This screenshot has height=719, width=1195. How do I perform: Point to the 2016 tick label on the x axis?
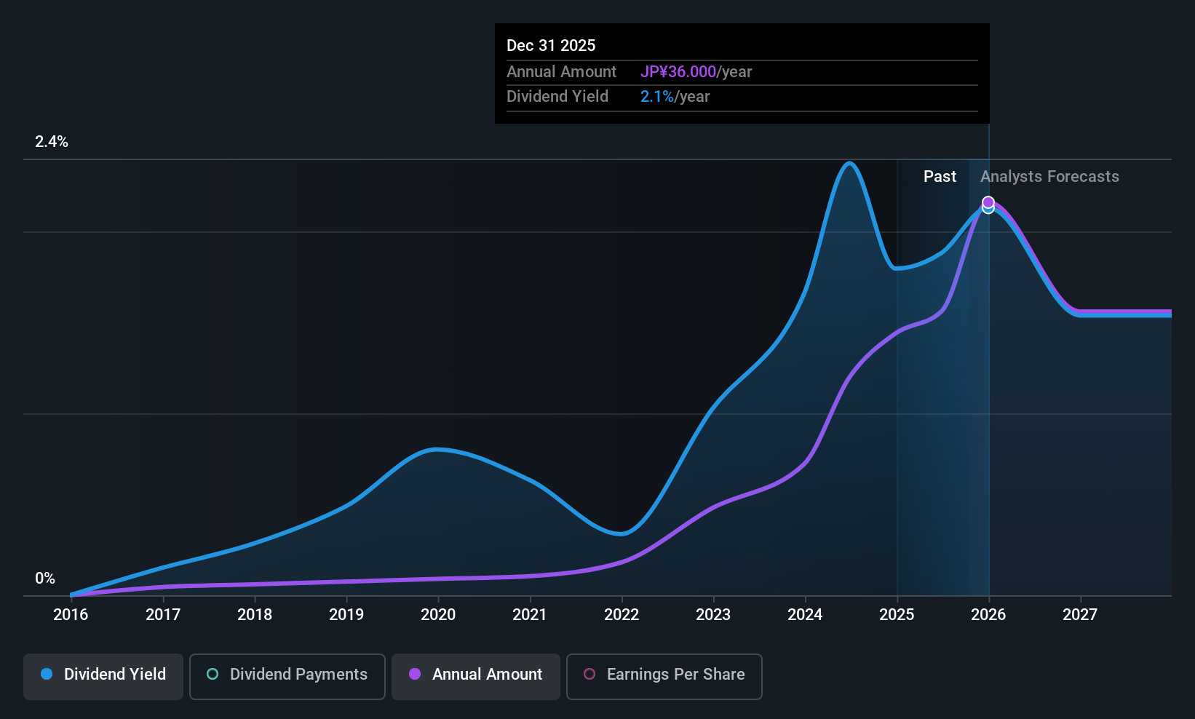(x=71, y=615)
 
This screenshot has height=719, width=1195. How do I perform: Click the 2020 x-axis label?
(x=438, y=615)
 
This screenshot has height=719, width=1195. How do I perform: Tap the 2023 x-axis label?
(x=713, y=615)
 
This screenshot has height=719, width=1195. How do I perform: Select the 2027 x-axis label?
(x=1080, y=615)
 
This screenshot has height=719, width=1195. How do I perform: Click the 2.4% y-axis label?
(x=52, y=142)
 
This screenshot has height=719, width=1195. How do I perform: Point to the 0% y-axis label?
(x=45, y=579)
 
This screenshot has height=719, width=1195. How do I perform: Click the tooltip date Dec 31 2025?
(x=551, y=46)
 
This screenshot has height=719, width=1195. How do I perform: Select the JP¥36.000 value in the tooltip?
(x=678, y=72)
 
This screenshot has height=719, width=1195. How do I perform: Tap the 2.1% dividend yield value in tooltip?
(x=657, y=97)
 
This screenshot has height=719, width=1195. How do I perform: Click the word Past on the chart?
(x=940, y=177)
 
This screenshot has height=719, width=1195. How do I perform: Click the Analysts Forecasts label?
(x=1049, y=177)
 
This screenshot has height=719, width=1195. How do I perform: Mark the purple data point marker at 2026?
(x=988, y=202)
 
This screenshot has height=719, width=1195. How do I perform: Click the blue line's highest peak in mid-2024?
(x=849, y=163)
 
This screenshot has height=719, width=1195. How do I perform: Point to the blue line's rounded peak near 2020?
(x=436, y=449)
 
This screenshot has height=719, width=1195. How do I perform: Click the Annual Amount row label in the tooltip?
(x=561, y=72)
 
